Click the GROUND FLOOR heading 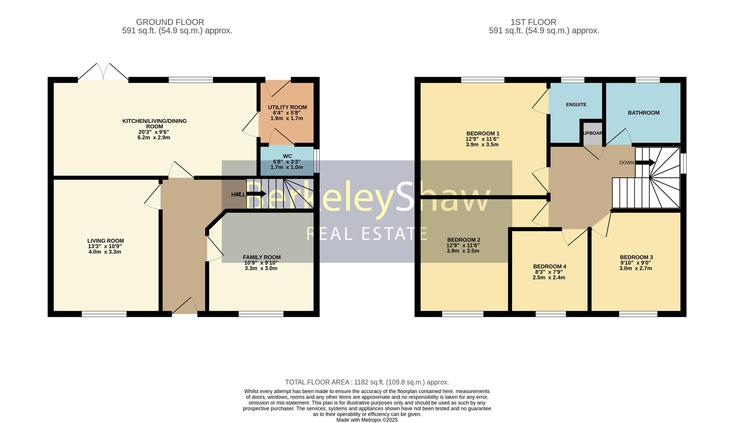click(x=170, y=22)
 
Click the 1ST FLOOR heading click(x=533, y=22)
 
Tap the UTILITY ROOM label click(x=287, y=107)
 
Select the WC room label click(x=287, y=156)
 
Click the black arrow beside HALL click(x=256, y=194)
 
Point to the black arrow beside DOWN click(x=645, y=163)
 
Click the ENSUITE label click(x=576, y=105)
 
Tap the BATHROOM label click(x=643, y=113)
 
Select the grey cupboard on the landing click(x=592, y=134)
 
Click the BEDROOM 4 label click(x=549, y=266)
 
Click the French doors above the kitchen click(x=103, y=72)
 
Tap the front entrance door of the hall click(x=184, y=307)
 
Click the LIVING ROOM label click(x=105, y=241)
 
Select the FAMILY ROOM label click(x=262, y=257)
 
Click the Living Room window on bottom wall click(x=104, y=314)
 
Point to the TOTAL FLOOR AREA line click(x=367, y=382)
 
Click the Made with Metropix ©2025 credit click(x=367, y=420)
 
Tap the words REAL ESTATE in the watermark click(x=367, y=234)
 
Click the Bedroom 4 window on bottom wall click(x=550, y=314)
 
